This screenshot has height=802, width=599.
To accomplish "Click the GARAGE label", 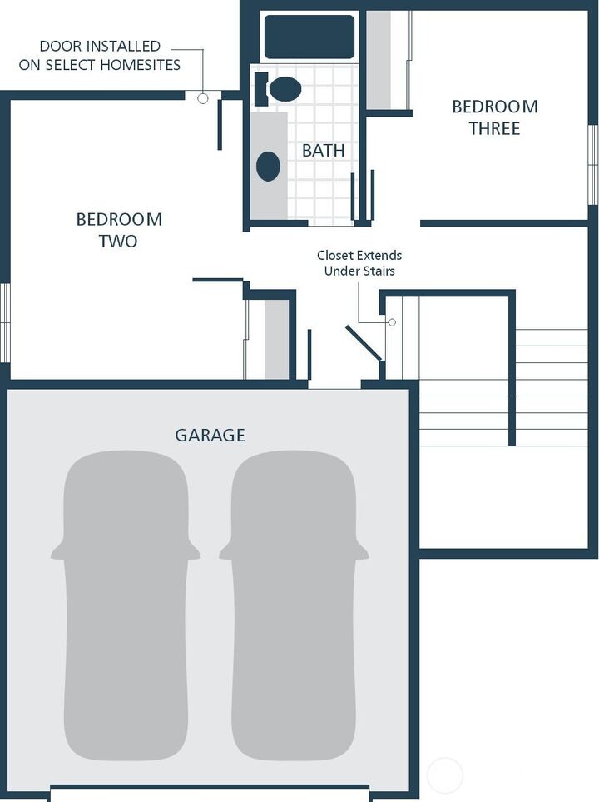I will pyautogui.click(x=210, y=435).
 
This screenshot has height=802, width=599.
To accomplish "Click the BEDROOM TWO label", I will pyautogui.click(x=119, y=231).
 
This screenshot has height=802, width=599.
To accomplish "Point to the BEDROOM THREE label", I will pyautogui.click(x=494, y=117).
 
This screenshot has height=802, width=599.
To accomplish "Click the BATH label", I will pyautogui.click(x=323, y=151).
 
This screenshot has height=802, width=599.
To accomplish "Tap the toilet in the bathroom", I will pyautogui.click(x=280, y=88).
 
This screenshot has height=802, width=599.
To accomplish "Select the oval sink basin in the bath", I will pyautogui.click(x=268, y=166).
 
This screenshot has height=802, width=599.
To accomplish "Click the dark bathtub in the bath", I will pyautogui.click(x=309, y=37).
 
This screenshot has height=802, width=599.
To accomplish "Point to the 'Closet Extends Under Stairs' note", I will pyautogui.click(x=359, y=263).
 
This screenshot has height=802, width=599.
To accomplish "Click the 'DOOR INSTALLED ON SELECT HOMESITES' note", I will pyautogui.click(x=100, y=56).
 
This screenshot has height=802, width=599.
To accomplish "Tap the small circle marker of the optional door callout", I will pyautogui.click(x=202, y=98).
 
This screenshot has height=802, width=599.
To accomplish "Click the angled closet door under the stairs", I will pyautogui.click(x=364, y=343).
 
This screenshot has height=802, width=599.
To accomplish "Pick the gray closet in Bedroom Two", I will pyautogui.click(x=276, y=339).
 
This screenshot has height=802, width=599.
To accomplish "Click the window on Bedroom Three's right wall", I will pyautogui.click(x=593, y=164).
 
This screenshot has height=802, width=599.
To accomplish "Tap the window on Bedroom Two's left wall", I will pyautogui.click(x=4, y=322).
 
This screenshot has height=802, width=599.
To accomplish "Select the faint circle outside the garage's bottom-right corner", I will pyautogui.click(x=444, y=775).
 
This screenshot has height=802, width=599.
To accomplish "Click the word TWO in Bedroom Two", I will pyautogui.click(x=119, y=242).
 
